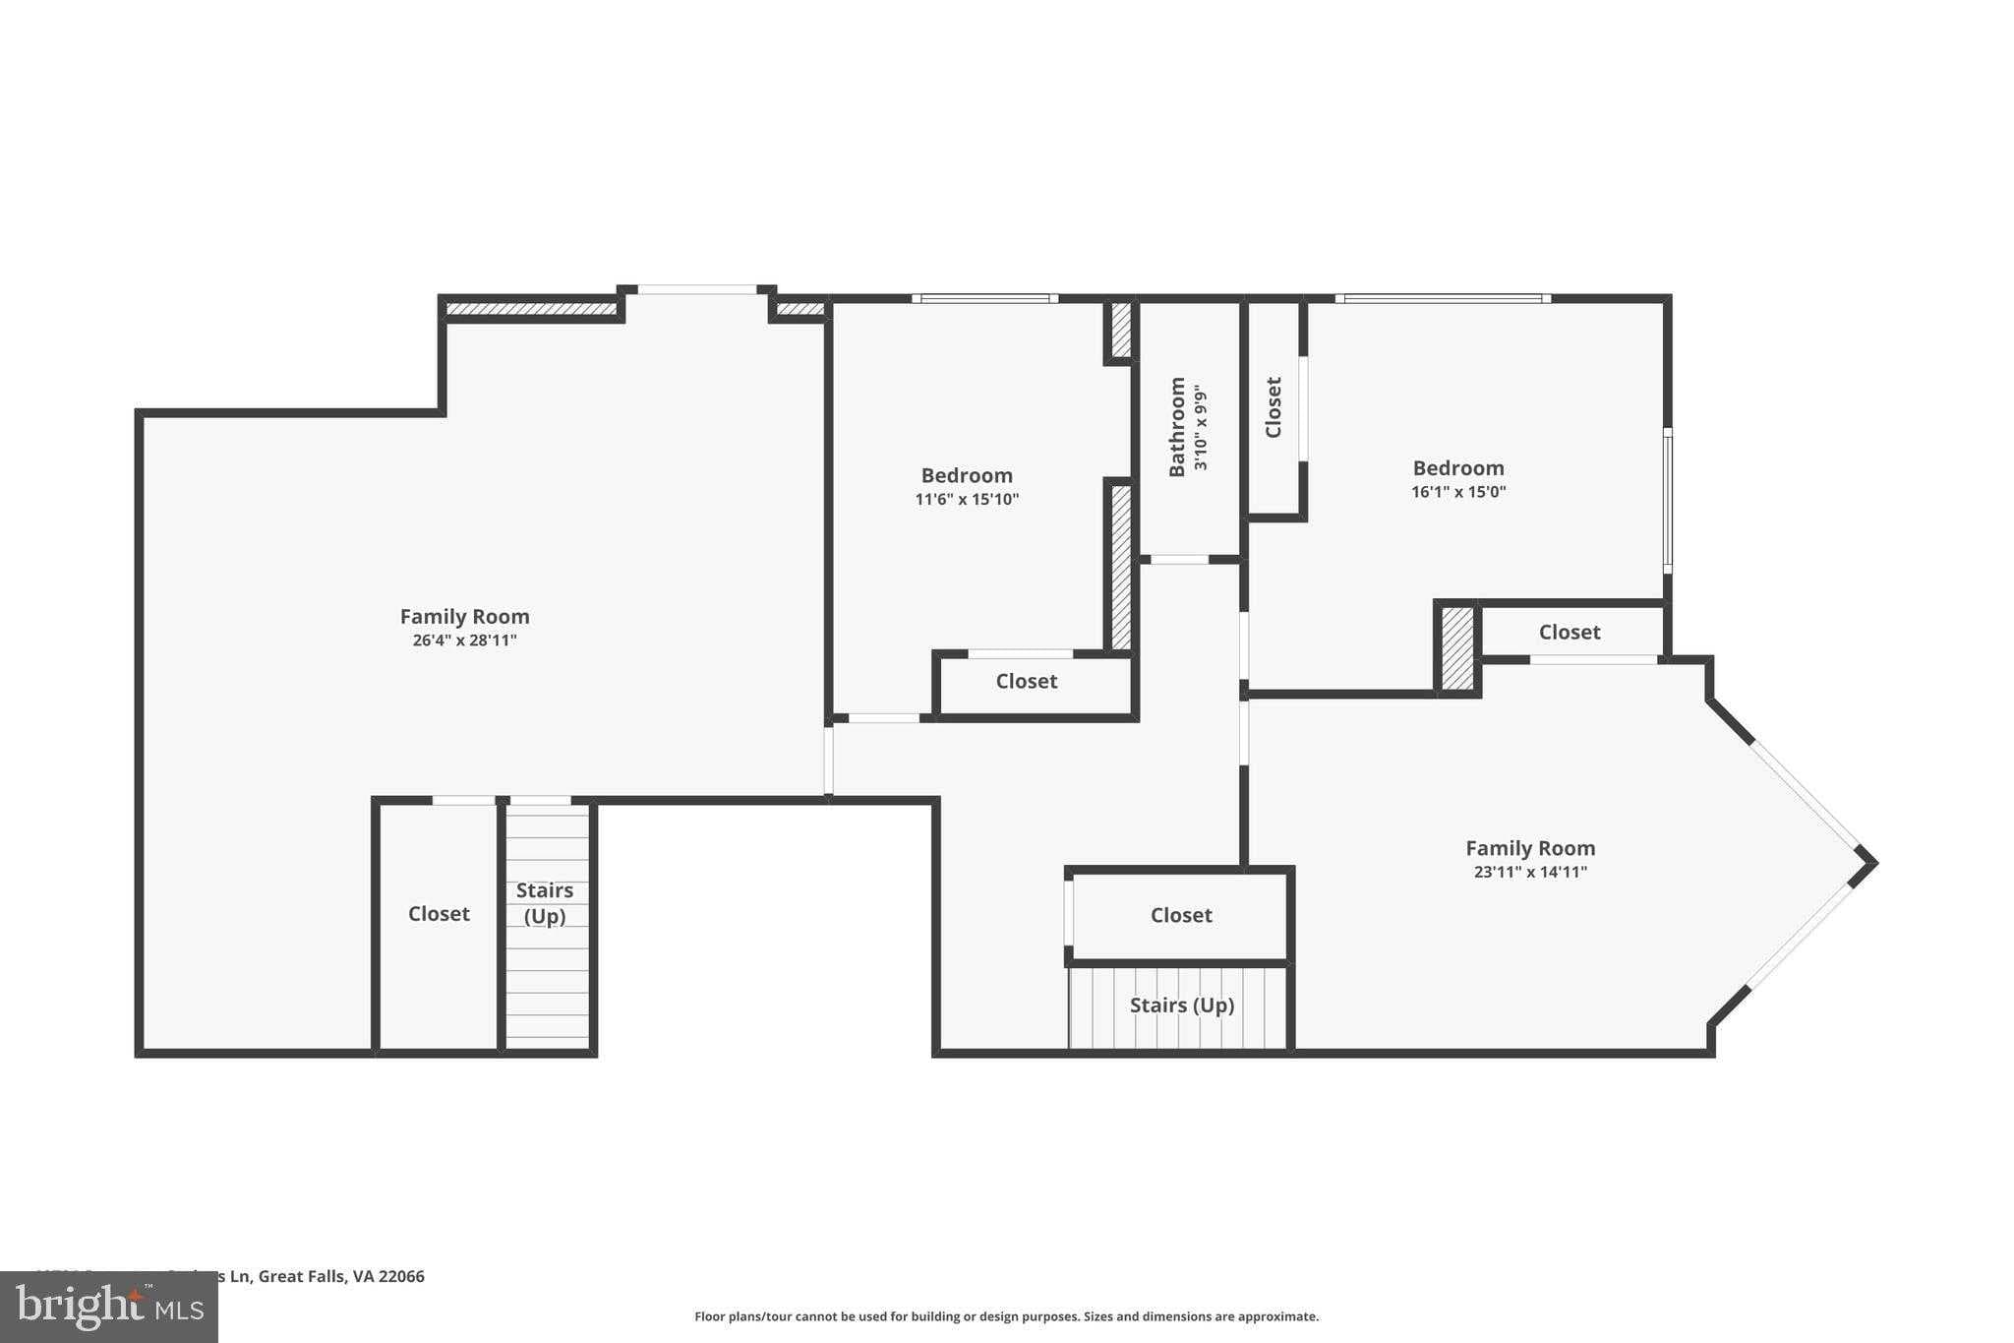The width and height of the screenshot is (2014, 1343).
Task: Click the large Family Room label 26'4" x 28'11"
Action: [x=464, y=617]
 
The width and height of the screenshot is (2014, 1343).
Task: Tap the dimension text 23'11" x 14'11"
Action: [x=1530, y=872]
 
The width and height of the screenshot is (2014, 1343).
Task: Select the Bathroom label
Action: [x=1177, y=427]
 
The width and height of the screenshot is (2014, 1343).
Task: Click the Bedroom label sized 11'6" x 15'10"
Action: [x=967, y=476]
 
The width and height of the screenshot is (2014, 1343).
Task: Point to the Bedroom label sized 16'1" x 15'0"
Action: [x=1458, y=468]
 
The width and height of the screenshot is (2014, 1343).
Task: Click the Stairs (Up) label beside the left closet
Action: [x=545, y=903]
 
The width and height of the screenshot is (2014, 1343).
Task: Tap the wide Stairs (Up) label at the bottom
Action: [x=1181, y=1006]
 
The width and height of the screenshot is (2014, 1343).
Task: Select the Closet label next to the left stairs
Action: [x=439, y=914]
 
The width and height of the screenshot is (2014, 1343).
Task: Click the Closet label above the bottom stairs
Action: [x=1181, y=915]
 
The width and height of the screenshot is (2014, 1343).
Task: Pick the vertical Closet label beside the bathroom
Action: [x=1274, y=407]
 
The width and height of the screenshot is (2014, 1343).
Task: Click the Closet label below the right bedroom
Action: [x=1569, y=633]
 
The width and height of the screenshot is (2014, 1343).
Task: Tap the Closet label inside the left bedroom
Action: [x=1026, y=682]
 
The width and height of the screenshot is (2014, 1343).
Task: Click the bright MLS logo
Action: [x=109, y=1307]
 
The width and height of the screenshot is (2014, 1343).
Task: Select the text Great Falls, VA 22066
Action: [x=341, y=1276]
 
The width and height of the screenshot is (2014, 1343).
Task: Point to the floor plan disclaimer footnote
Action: [x=1006, y=1316]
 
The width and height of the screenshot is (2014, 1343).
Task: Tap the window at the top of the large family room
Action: [x=696, y=289]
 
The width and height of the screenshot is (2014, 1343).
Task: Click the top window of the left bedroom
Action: [x=984, y=298]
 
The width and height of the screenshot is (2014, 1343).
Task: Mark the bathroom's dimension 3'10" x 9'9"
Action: [x=1201, y=428]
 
